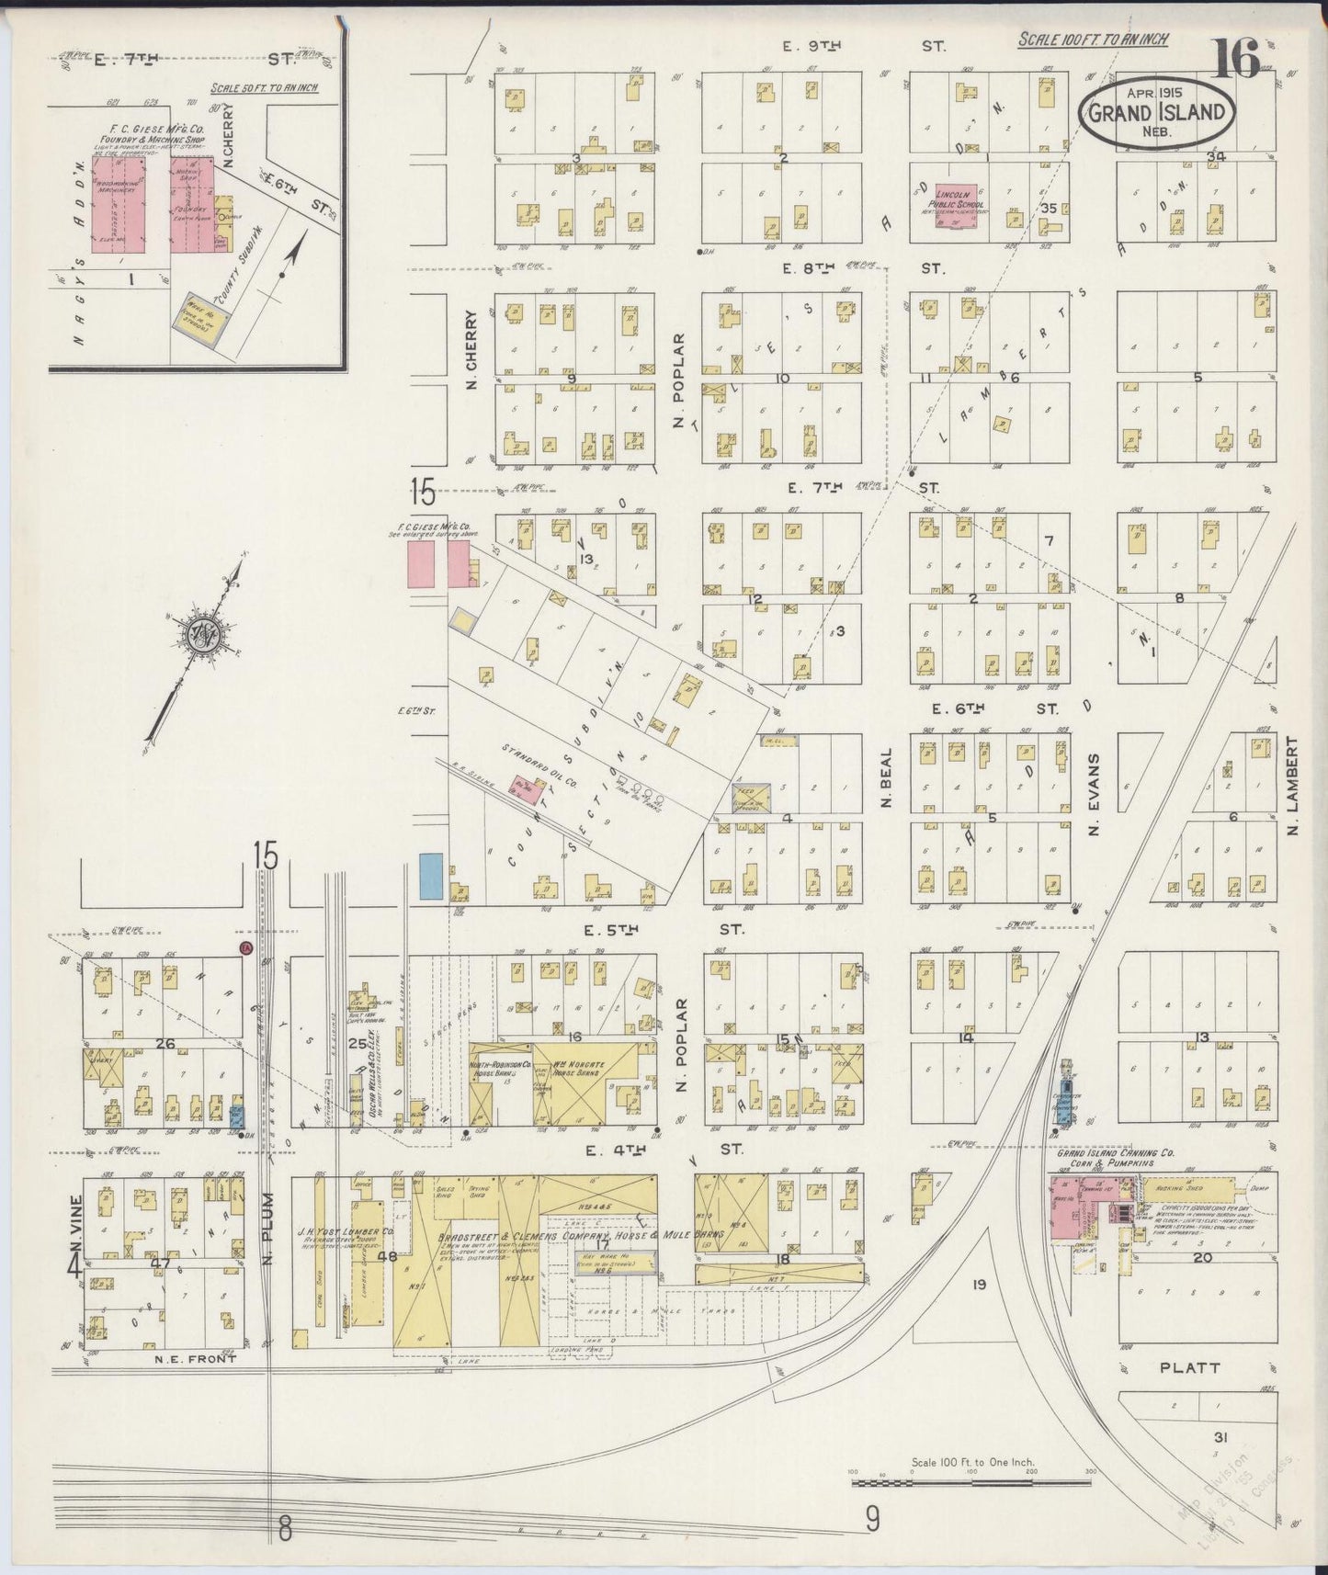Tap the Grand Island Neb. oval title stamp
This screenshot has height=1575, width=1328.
1156,112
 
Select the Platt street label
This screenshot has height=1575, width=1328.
1189,1367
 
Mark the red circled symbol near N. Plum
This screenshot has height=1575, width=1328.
245,946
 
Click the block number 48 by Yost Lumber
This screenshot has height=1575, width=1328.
386,1256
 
